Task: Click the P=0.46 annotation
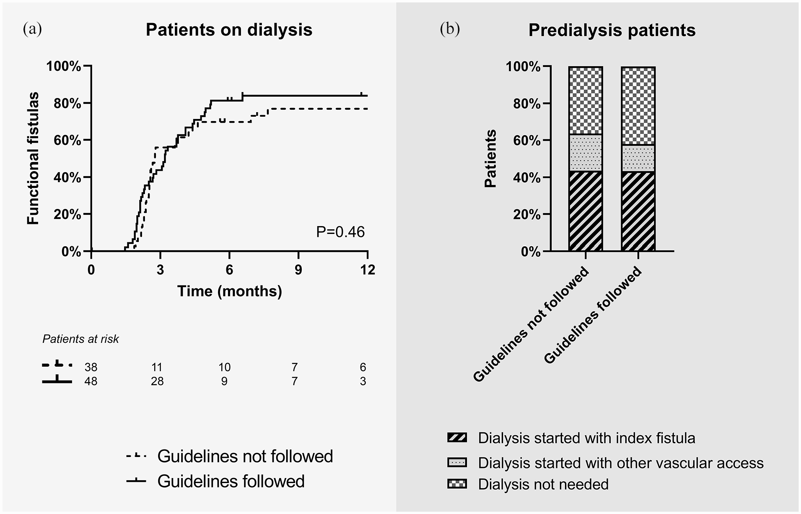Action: pyautogui.click(x=340, y=232)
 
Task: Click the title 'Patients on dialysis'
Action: pyautogui.click(x=229, y=30)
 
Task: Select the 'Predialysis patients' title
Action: pyautogui.click(x=612, y=31)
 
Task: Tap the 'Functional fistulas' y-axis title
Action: pyautogui.click(x=33, y=159)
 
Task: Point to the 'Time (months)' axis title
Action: pyautogui.click(x=230, y=291)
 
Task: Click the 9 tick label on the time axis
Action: pyautogui.click(x=298, y=270)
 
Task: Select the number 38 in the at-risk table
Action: pyautogui.click(x=91, y=368)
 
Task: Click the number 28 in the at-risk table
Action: pyautogui.click(x=157, y=381)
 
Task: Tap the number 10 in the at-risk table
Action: pyautogui.click(x=224, y=368)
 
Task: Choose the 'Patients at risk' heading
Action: pyautogui.click(x=80, y=339)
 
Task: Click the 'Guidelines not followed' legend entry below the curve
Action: pyautogui.click(x=230, y=456)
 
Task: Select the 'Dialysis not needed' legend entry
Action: pyautogui.click(x=528, y=484)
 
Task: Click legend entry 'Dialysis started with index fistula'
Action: pyautogui.click(x=571, y=438)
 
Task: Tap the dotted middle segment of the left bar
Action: pyautogui.click(x=586, y=153)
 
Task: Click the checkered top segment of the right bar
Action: pyautogui.click(x=638, y=106)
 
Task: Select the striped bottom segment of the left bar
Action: pyautogui.click(x=586, y=211)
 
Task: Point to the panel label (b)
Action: pyautogui.click(x=450, y=29)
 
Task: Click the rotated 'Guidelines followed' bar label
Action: pyautogui.click(x=593, y=315)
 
